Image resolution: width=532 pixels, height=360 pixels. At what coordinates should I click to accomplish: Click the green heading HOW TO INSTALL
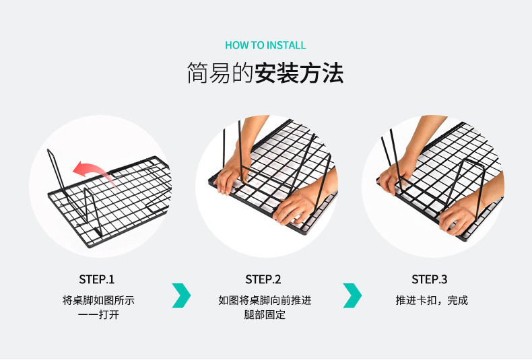[x=265, y=45]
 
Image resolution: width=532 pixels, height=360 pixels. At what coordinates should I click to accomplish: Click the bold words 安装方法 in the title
[x=299, y=73]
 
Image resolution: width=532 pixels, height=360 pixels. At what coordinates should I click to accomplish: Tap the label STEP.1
[x=97, y=279]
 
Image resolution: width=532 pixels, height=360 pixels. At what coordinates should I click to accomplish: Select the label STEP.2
[x=263, y=279]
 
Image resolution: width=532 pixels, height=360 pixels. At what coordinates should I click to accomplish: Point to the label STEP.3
[x=430, y=279]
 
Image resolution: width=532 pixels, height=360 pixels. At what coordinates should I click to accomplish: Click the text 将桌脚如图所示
[x=98, y=300]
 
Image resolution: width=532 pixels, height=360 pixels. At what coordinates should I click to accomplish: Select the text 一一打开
[x=98, y=315]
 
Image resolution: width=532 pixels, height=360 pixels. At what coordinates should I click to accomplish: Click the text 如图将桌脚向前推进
[x=265, y=300]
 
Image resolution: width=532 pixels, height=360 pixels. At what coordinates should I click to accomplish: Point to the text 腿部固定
[x=265, y=315]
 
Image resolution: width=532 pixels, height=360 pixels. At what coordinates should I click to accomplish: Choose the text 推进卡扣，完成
[x=431, y=300]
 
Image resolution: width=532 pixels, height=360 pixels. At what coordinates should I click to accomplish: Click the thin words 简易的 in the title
[x=219, y=73]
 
